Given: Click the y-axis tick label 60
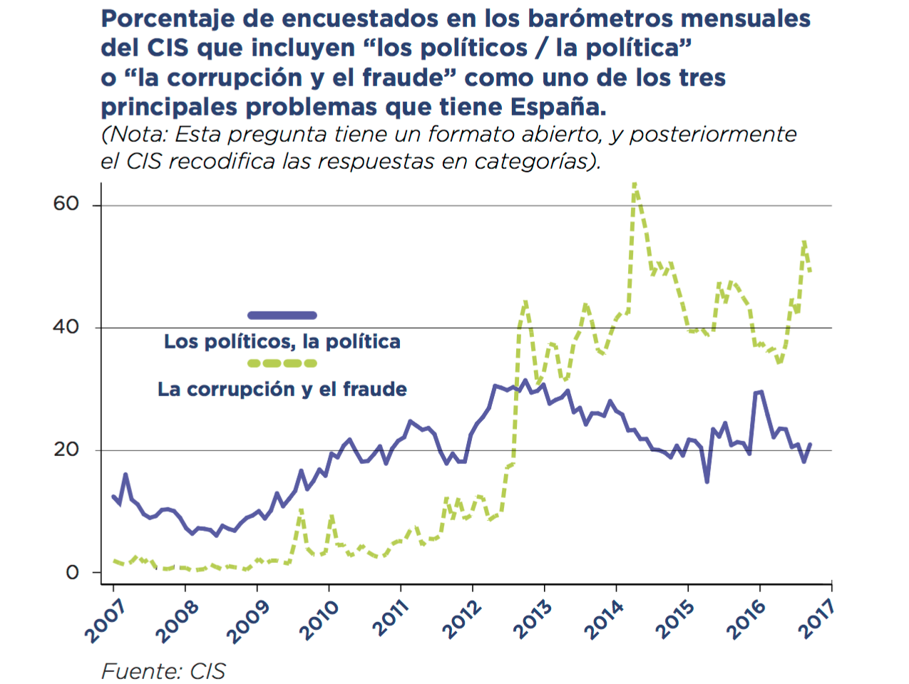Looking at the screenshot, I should (x=66, y=204).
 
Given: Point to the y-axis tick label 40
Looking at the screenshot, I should (x=66, y=327).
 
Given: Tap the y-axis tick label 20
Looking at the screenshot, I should (x=66, y=450).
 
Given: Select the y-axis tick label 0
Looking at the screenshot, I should (x=72, y=573).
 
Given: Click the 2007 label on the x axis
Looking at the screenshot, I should (x=105, y=622).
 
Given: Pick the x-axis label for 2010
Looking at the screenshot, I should (x=319, y=621).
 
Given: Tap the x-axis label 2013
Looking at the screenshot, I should (x=533, y=621).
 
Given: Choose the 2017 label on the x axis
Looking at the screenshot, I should (x=816, y=619).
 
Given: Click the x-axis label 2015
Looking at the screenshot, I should (x=674, y=621).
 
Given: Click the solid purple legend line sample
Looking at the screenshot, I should (x=282, y=315).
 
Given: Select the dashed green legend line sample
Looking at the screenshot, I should (x=282, y=363).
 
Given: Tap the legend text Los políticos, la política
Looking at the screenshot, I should (x=282, y=341).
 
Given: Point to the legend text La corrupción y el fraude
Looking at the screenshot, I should (x=282, y=389).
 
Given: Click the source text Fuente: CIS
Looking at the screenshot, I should (x=163, y=671).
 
